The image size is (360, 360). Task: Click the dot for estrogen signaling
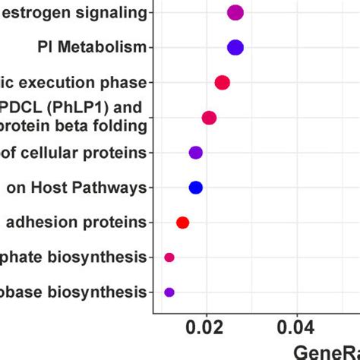[x=235, y=12]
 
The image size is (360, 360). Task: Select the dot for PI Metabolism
[x=235, y=48]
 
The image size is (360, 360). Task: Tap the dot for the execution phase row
[x=222, y=83]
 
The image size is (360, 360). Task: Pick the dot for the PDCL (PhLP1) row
[x=209, y=118]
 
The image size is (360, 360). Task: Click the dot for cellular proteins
[x=196, y=153]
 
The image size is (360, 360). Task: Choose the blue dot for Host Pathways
[x=196, y=188]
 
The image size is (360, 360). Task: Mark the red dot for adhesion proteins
[x=182, y=223]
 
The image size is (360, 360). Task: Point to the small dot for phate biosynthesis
[x=169, y=257]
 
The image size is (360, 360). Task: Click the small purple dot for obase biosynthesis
[x=169, y=292]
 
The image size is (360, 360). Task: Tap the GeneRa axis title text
[x=327, y=351]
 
